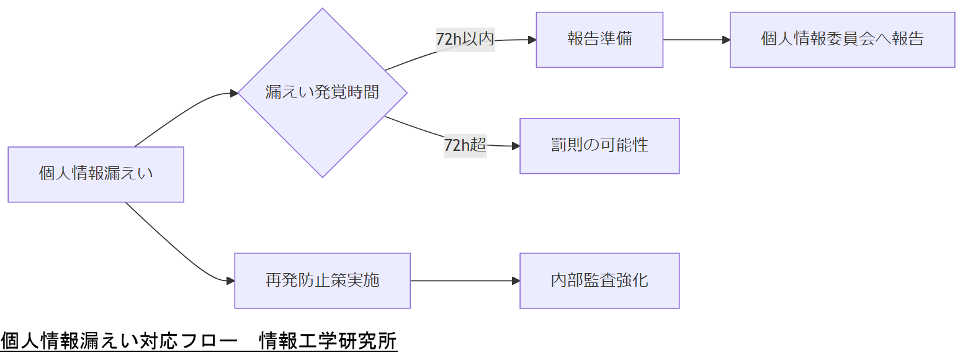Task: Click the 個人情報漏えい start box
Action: click(x=96, y=174)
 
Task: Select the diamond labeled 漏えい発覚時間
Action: click(x=322, y=93)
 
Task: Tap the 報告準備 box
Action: click(x=599, y=40)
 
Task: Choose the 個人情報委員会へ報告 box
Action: click(x=842, y=40)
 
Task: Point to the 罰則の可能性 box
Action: click(x=599, y=146)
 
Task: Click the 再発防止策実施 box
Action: click(x=322, y=281)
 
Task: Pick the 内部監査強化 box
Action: click(x=599, y=281)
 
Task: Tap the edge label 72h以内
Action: click(x=465, y=39)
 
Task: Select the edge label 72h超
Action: click(x=465, y=145)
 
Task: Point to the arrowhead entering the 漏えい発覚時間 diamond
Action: click(x=234, y=93)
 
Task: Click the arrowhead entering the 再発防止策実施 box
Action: click(x=230, y=281)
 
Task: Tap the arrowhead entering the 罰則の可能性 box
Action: click(x=516, y=146)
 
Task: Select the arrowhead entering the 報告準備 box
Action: click(x=532, y=40)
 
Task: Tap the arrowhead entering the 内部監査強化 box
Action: click(x=516, y=281)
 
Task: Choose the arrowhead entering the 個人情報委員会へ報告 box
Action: click(x=726, y=40)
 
